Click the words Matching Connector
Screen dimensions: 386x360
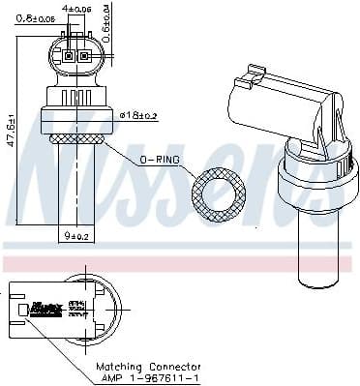(x=148, y=367)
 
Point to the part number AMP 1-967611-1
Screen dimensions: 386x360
(x=148, y=378)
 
